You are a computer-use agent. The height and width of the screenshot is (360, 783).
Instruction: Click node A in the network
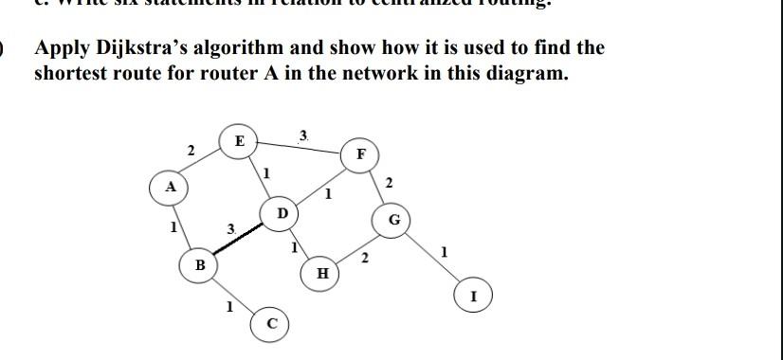pyautogui.click(x=171, y=187)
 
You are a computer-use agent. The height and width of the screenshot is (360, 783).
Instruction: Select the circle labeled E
pyautogui.click(x=239, y=140)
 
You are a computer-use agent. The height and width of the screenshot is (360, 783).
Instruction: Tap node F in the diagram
pyautogui.click(x=360, y=154)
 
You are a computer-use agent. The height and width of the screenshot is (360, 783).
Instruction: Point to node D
pyautogui.click(x=282, y=214)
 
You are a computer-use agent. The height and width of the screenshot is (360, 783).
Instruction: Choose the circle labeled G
pyautogui.click(x=395, y=222)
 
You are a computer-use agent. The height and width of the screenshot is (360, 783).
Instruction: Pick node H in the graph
pyautogui.click(x=322, y=274)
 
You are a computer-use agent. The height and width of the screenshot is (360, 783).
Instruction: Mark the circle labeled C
pyautogui.click(x=270, y=324)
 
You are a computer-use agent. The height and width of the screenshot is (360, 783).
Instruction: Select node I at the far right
pyautogui.click(x=473, y=296)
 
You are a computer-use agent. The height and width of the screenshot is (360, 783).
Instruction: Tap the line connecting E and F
pyautogui.click(x=299, y=148)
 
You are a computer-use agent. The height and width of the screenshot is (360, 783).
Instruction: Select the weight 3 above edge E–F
pyautogui.click(x=302, y=136)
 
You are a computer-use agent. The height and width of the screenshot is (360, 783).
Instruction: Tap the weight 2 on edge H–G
pyautogui.click(x=366, y=257)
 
